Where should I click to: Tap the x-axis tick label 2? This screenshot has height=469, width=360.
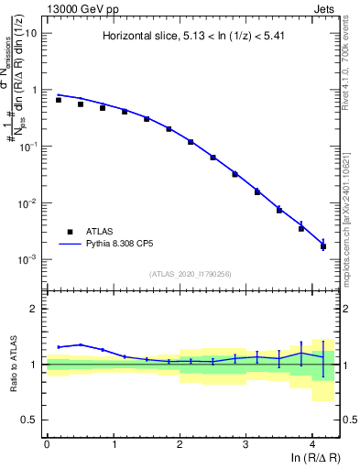pos(180,443)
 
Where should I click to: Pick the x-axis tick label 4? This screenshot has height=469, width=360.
pos(312,443)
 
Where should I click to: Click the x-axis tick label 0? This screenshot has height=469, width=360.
pos(47,443)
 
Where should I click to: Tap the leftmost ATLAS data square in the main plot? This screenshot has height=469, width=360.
pos(59,100)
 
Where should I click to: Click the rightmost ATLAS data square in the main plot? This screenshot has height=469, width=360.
pos(322,246)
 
